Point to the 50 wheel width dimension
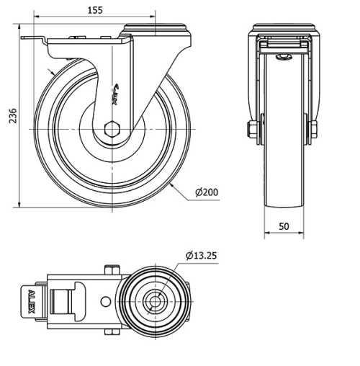(x=284, y=226)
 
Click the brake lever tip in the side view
(x=26, y=39)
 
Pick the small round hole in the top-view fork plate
(x=106, y=301)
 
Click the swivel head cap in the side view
(x=156, y=29)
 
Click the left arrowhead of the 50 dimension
(x=265, y=233)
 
